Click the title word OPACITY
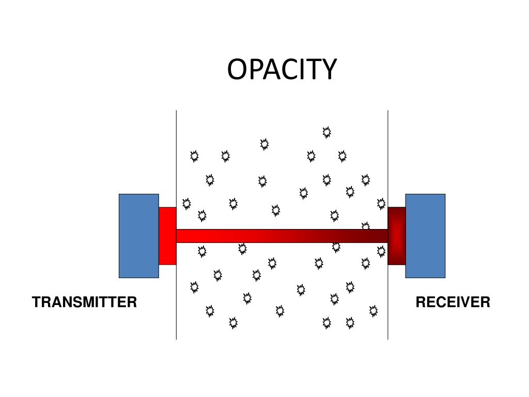tap(282, 69)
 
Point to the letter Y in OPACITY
tap(329, 69)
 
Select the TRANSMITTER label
tap(84, 302)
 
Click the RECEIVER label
tap(453, 302)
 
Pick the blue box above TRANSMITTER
tap(138, 236)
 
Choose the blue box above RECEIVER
tap(425, 236)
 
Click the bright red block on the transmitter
tap(167, 236)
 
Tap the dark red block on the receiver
tap(396, 236)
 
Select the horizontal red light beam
tap(282, 236)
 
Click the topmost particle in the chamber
tap(326, 132)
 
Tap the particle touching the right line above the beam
tap(381, 204)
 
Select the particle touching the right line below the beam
tap(381, 251)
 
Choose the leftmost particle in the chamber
tap(186, 204)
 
